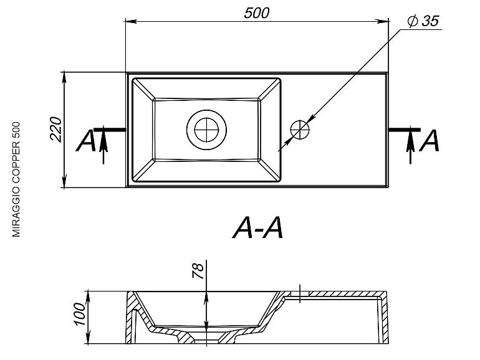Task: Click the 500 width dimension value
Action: point(256,13)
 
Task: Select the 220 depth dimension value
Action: point(55,129)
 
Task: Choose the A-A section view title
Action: point(257,228)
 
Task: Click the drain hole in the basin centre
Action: point(206,130)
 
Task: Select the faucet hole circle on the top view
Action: point(300,130)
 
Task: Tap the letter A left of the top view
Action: point(85,141)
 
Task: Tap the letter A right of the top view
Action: point(430,141)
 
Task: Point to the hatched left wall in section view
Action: point(131,318)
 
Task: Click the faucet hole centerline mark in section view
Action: point(300,293)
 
